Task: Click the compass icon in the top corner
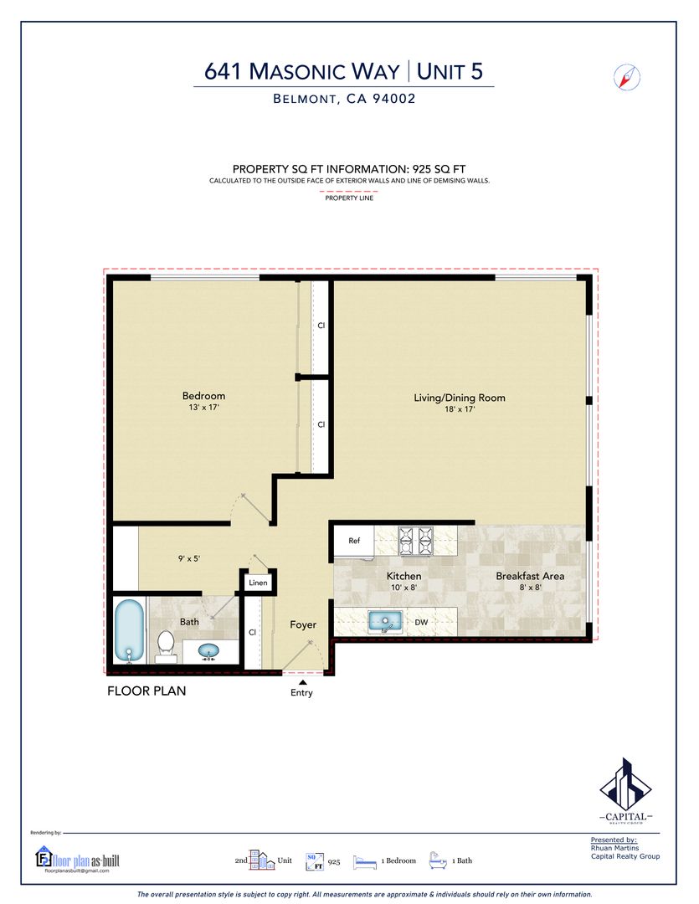click(626, 77)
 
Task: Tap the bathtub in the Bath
click(129, 630)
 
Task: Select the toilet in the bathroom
click(166, 646)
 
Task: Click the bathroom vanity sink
click(208, 651)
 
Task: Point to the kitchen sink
click(385, 621)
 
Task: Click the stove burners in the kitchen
click(416, 541)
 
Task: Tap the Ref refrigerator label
click(354, 541)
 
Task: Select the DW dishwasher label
click(422, 622)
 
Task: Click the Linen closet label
click(258, 583)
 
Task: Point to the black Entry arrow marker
click(302, 683)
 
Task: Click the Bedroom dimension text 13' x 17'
click(203, 408)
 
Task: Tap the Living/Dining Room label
click(459, 398)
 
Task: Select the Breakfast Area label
click(530, 575)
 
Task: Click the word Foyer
click(303, 624)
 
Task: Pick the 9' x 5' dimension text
click(189, 558)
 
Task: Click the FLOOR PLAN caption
click(146, 691)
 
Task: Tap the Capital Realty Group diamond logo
click(626, 784)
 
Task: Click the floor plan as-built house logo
click(44, 857)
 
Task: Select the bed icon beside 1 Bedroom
click(364, 861)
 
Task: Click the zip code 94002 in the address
click(394, 99)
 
